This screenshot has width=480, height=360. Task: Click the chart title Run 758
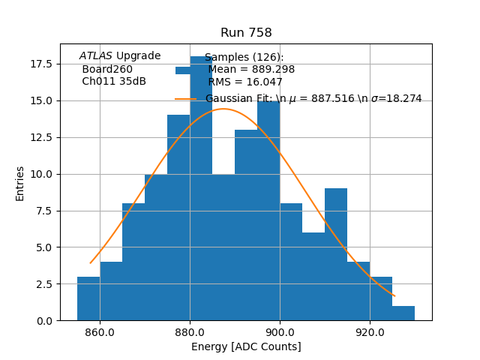click(x=246, y=33)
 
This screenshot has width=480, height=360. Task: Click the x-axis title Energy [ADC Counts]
click(x=246, y=346)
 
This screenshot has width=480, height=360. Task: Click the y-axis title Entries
click(x=20, y=183)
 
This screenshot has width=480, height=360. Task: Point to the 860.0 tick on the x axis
click(x=100, y=332)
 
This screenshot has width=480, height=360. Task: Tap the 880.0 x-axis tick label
click(x=190, y=332)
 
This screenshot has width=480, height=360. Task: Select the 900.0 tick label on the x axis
click(x=280, y=332)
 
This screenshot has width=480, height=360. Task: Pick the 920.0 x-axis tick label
click(x=370, y=332)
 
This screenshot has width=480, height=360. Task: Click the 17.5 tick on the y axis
click(x=41, y=64)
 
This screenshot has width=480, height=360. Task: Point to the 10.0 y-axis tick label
click(x=41, y=174)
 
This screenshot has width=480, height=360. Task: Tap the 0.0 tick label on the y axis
click(x=44, y=321)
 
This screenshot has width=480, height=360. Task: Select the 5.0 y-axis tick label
click(x=44, y=247)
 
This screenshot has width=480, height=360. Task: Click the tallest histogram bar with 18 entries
click(x=201, y=195)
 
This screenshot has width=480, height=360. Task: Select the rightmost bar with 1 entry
click(x=403, y=313)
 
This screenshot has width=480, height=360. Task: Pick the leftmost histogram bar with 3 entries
click(x=88, y=299)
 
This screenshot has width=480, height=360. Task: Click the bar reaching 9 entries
click(x=336, y=255)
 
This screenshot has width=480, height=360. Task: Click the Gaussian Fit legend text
click(x=313, y=98)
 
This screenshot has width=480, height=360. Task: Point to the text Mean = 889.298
click(x=251, y=70)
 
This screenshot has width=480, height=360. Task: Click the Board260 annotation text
click(x=107, y=69)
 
